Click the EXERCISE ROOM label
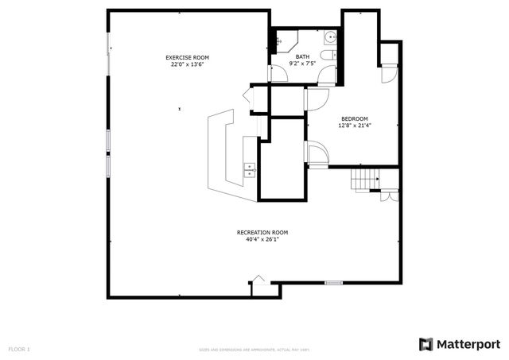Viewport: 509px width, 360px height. tap(187, 57)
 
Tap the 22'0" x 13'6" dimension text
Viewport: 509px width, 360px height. tap(187, 64)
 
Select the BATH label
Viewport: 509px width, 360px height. tap(302, 56)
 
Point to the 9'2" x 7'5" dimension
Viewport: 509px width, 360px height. tap(302, 64)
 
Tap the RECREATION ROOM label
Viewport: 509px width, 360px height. tap(262, 232)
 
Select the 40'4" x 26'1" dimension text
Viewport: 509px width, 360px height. tap(262, 239)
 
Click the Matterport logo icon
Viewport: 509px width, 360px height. tap(426, 343)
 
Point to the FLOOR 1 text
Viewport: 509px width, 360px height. tap(19, 349)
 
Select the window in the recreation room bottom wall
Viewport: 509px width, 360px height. tap(334, 281)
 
